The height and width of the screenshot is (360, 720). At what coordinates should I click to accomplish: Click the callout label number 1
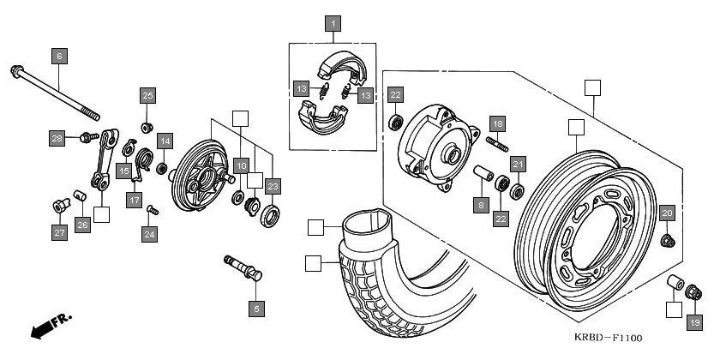pos(332,24)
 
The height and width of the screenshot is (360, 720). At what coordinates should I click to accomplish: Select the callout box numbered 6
pos(58,57)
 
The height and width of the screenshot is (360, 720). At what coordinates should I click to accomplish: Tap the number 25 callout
pos(147,95)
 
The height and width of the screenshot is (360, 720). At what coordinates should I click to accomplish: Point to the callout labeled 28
pos(57,138)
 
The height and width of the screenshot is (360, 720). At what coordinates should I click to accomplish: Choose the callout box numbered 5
pos(255,307)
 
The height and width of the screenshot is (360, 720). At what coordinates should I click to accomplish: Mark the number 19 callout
pos(694,322)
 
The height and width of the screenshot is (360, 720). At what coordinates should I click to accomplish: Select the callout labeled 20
pos(667,213)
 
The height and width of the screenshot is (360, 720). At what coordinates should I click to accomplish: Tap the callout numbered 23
pos(273,186)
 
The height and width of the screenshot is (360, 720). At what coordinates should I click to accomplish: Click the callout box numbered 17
pos(135,200)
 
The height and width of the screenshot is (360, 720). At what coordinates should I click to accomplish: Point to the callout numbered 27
pos(59,233)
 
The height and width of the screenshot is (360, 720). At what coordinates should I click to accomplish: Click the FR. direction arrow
pos(50,327)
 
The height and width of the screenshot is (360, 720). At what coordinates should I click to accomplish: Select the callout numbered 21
pos(517,164)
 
